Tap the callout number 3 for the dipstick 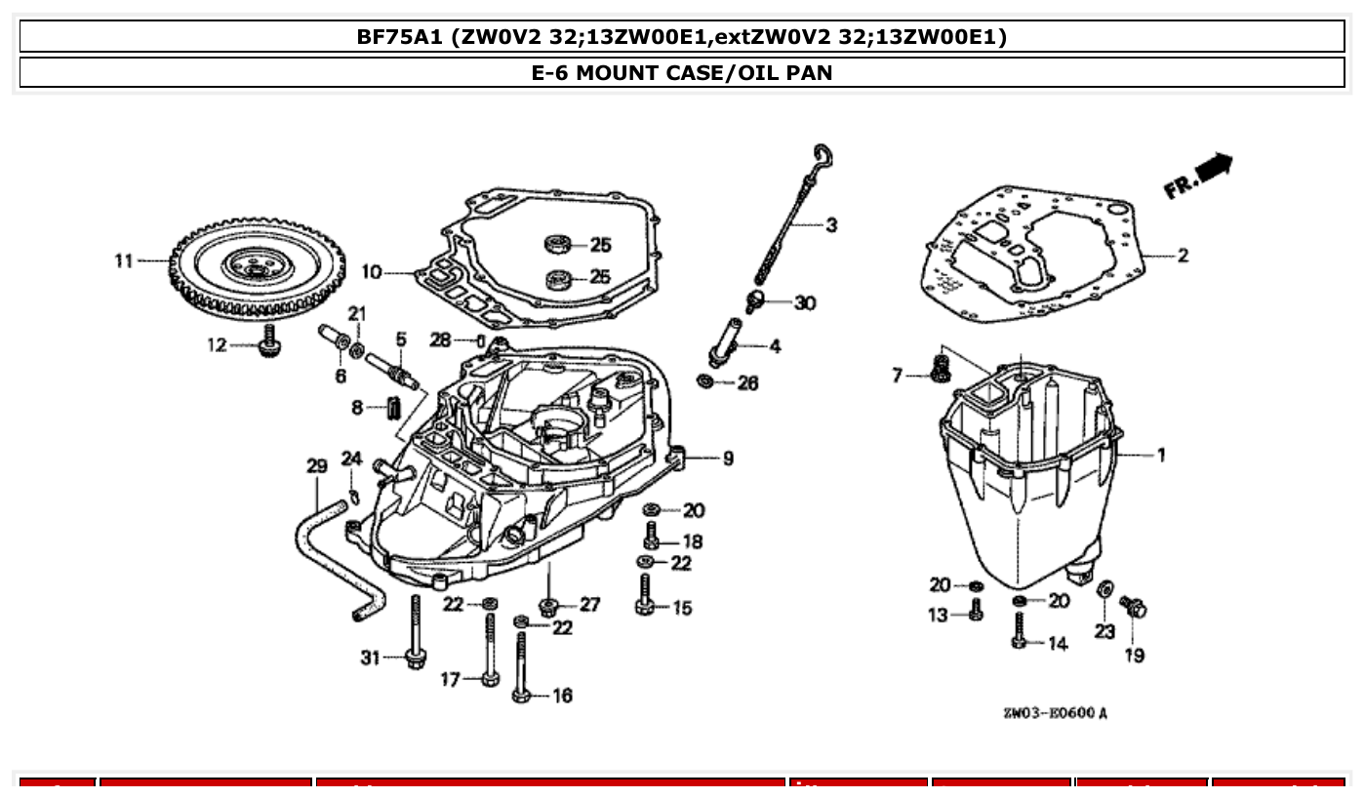coord(830,225)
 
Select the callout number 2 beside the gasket coord(1182,256)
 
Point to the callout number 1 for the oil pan coord(1160,455)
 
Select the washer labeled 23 coord(1105,590)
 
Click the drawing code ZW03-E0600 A coord(1055,713)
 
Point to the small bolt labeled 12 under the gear coord(264,343)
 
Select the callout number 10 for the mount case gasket coord(371,271)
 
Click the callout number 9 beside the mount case coord(728,458)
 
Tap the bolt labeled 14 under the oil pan coord(1020,630)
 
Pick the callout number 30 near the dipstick coord(804,303)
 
